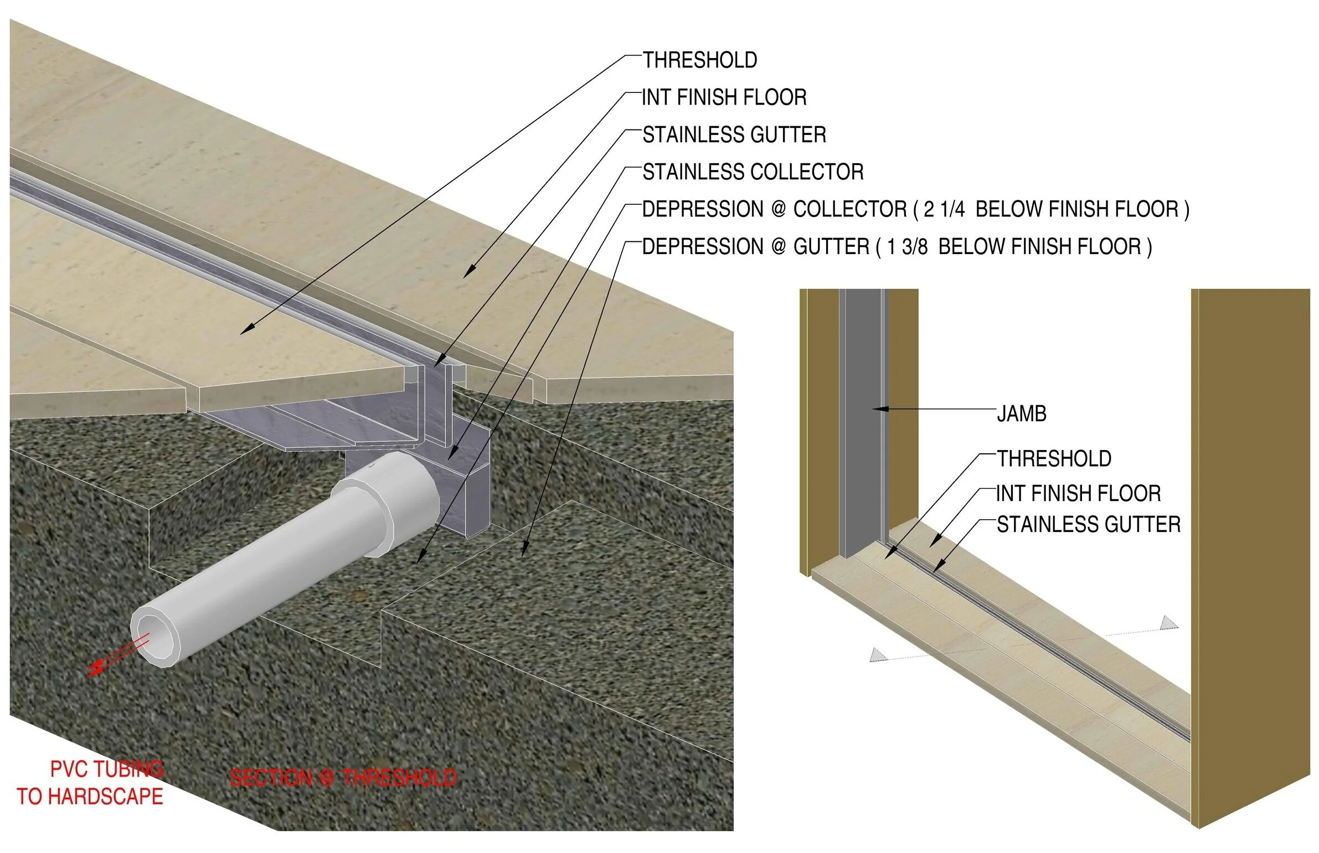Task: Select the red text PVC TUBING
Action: pos(106,769)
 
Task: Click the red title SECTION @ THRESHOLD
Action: pos(343,778)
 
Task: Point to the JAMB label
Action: pos(1021,413)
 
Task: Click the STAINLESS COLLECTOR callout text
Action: pos(753,172)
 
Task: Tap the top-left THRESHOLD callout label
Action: pos(700,60)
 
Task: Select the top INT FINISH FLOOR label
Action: pos(724,97)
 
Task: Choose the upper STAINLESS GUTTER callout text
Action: pos(734,135)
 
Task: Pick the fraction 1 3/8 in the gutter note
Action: pos(907,246)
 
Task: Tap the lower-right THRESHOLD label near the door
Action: pos(1054,459)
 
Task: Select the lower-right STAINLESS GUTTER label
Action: pos(1088,524)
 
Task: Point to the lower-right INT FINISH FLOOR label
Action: pos(1078,493)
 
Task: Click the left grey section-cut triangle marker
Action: pos(877,655)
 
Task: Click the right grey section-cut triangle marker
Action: pos(1168,623)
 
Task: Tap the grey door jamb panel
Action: pos(860,421)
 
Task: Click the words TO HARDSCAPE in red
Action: pos(90,797)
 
